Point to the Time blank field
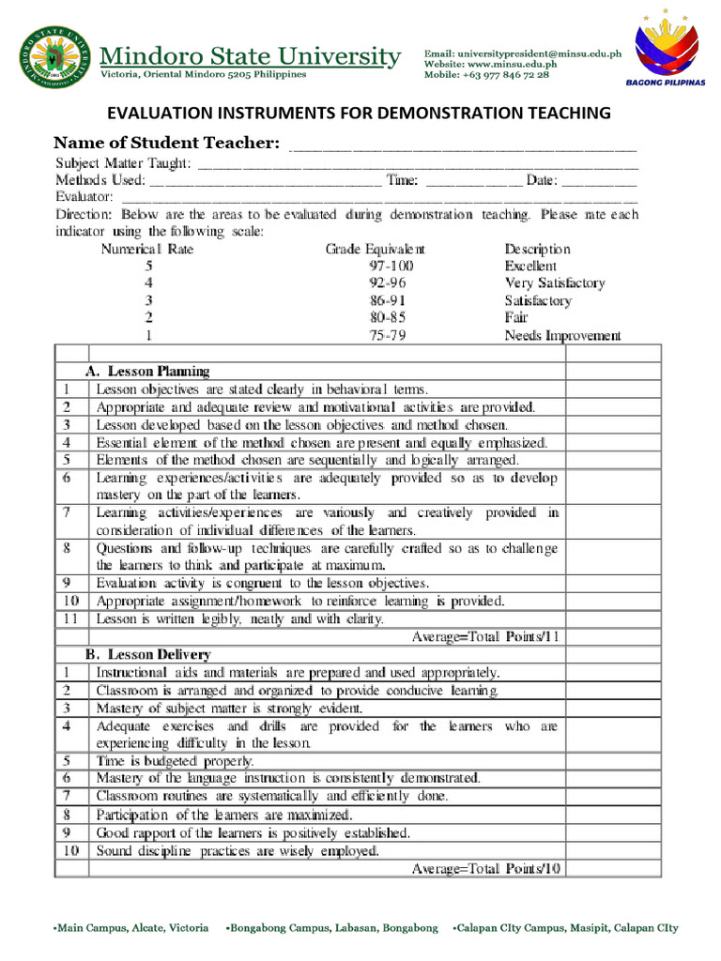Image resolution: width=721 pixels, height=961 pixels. (474, 180)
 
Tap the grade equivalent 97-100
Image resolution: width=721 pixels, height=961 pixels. (391, 267)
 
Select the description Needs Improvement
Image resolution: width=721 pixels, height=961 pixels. (562, 335)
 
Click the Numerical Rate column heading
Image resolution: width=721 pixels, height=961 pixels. (147, 250)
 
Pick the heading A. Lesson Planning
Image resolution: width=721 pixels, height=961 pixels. (147, 371)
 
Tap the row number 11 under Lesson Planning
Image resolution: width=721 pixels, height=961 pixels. (71, 618)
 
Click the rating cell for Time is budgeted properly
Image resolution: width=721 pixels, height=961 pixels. (613, 761)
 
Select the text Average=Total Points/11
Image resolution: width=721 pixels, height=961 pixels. (486, 636)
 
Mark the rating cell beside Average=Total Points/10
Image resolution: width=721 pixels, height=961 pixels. (613, 869)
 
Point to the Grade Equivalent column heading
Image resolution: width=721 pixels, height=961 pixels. (375, 250)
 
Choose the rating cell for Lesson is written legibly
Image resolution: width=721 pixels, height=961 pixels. (613, 618)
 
